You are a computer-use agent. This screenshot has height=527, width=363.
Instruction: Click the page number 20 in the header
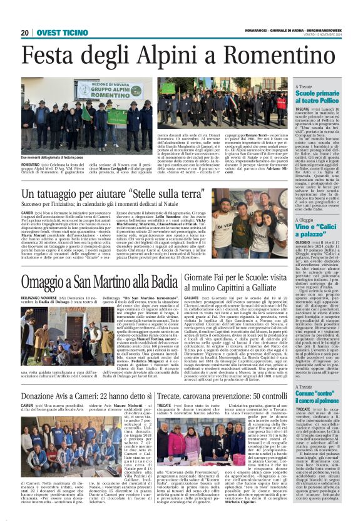click(25, 33)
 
